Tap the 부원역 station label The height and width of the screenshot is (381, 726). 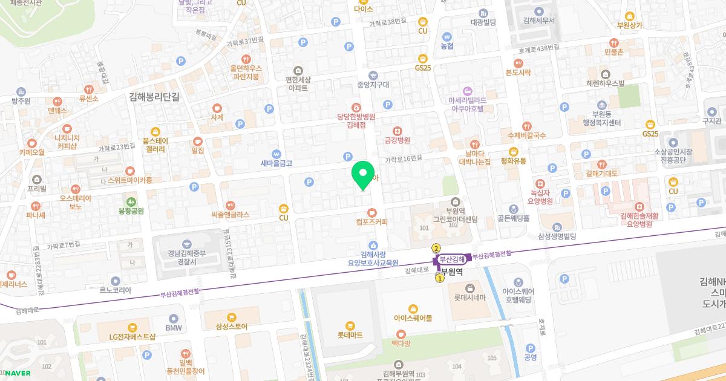[452, 272]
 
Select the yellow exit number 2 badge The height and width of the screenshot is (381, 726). [436, 248]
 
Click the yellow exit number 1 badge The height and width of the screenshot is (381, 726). [440, 279]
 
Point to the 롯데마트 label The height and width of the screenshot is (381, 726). [350, 334]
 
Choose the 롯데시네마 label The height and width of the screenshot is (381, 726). [470, 298]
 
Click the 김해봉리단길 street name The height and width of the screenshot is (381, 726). [155, 96]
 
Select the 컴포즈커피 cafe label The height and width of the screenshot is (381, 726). [371, 222]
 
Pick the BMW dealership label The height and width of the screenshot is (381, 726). [174, 328]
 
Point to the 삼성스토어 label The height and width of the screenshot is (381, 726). [231, 327]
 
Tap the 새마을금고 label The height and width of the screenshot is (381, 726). [276, 163]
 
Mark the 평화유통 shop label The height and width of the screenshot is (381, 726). [513, 161]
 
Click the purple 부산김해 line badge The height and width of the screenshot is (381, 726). [453, 259]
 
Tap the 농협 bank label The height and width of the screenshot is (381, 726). [447, 46]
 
